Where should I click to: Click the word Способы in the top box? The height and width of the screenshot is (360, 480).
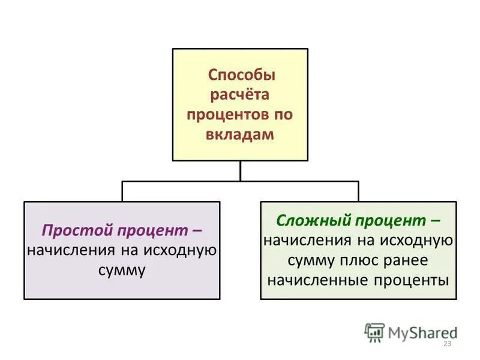pyautogui.click(x=241, y=76)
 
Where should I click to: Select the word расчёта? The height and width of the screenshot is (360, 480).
pyautogui.click(x=238, y=95)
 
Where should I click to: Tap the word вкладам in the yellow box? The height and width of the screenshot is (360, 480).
pyautogui.click(x=239, y=135)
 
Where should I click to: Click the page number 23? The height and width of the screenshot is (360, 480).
pyautogui.click(x=446, y=343)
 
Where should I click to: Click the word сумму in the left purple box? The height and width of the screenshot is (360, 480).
pyautogui.click(x=122, y=271)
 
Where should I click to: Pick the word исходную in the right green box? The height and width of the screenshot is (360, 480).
pyautogui.click(x=414, y=240)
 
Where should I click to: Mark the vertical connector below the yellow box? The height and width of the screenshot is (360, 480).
pyautogui.click(x=240, y=171)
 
